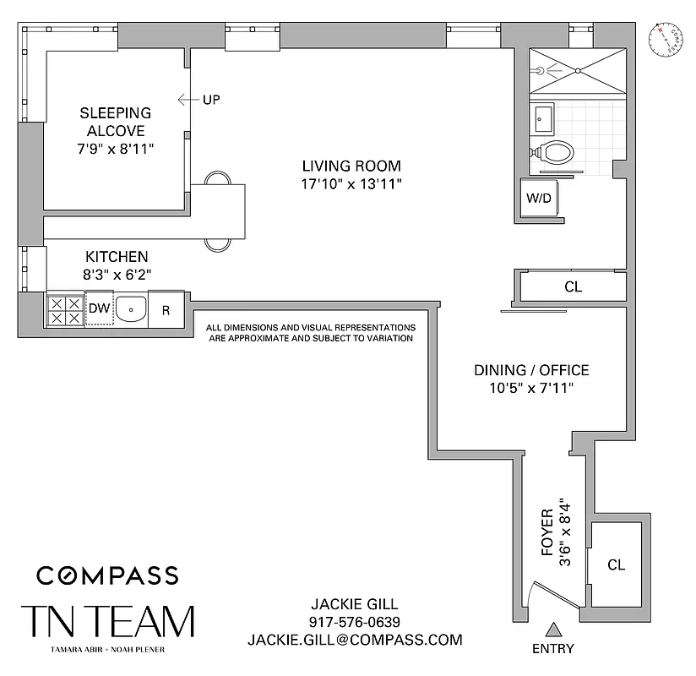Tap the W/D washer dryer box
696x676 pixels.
point(541,200)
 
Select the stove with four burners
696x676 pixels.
point(65,311)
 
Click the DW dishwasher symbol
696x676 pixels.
point(99,309)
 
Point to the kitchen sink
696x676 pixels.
point(131,310)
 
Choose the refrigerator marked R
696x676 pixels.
point(166,310)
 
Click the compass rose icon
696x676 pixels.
point(666,41)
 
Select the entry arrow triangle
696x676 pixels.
point(553,630)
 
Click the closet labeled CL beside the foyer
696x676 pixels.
point(616,564)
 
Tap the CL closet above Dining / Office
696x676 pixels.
point(573,287)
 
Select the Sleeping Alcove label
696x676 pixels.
point(115,122)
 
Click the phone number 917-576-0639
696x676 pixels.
point(355,622)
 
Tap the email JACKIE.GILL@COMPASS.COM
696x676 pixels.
point(355,640)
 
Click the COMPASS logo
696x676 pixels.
point(107,575)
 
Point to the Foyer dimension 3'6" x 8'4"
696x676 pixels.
point(555,541)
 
